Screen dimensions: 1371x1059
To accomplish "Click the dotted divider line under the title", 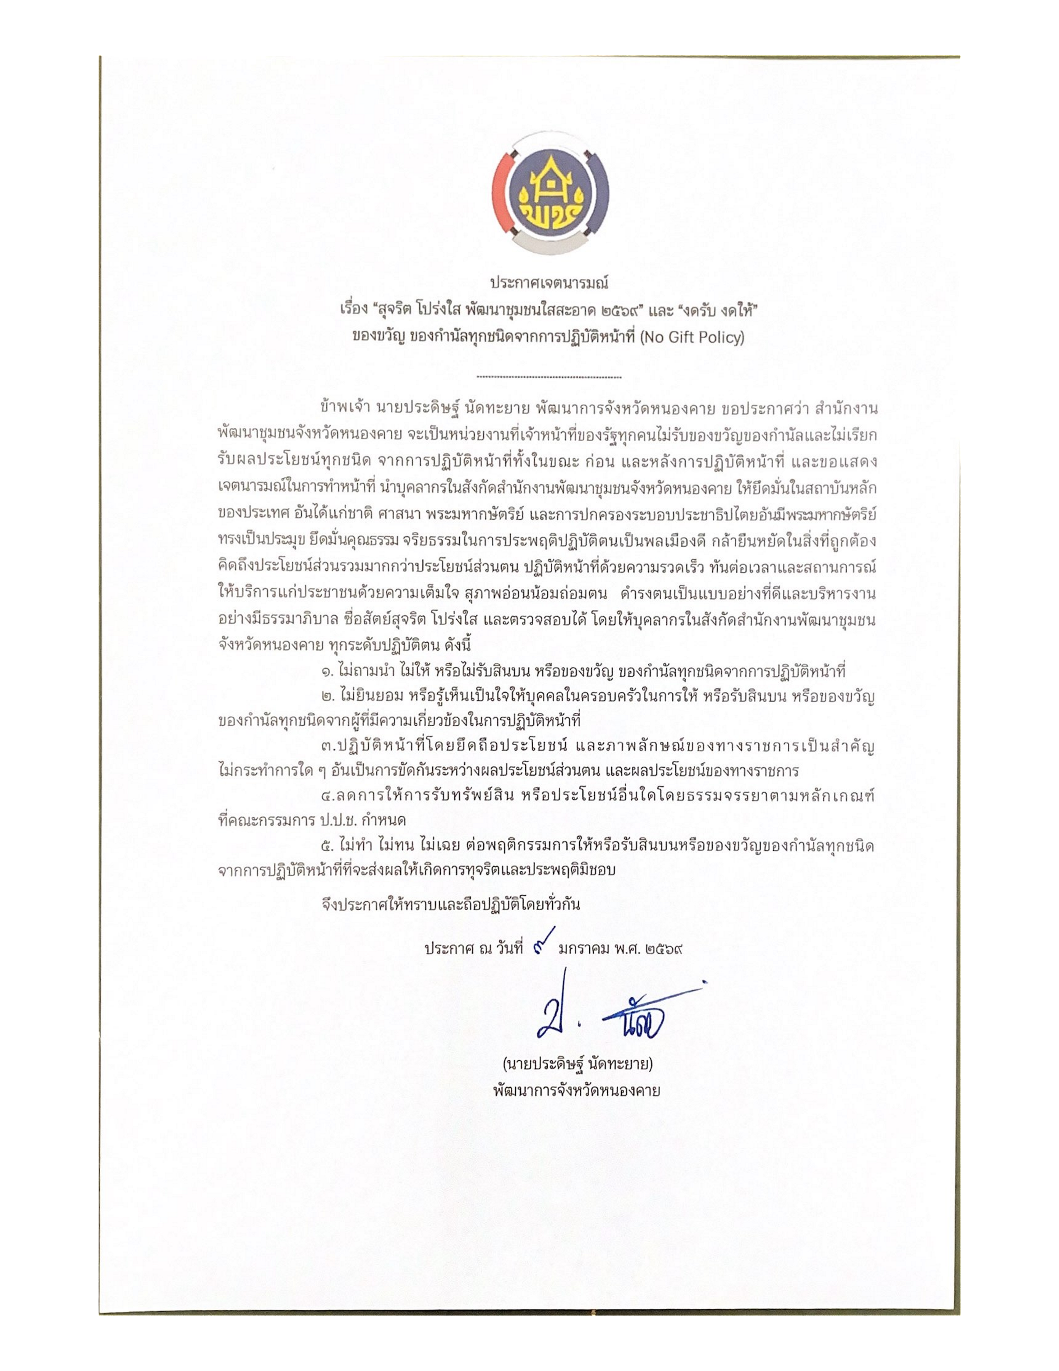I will pyautogui.click(x=549, y=377).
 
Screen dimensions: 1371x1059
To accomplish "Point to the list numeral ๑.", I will pyautogui.click(x=326, y=672).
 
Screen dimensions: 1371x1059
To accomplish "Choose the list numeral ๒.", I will pyautogui.click(x=326, y=697).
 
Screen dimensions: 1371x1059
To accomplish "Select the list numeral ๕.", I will pyautogui.click(x=326, y=847).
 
